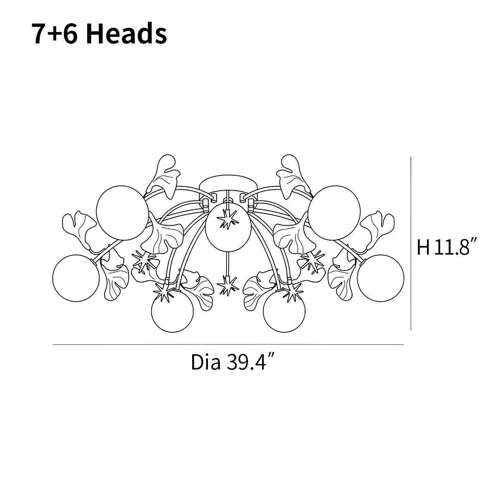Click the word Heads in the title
(126, 33)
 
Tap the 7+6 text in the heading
(55, 34)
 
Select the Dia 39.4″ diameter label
(230, 362)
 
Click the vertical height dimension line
(411, 243)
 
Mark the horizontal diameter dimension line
(228, 344)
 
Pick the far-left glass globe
(76, 278)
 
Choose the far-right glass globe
(380, 278)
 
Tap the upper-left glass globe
(122, 213)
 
